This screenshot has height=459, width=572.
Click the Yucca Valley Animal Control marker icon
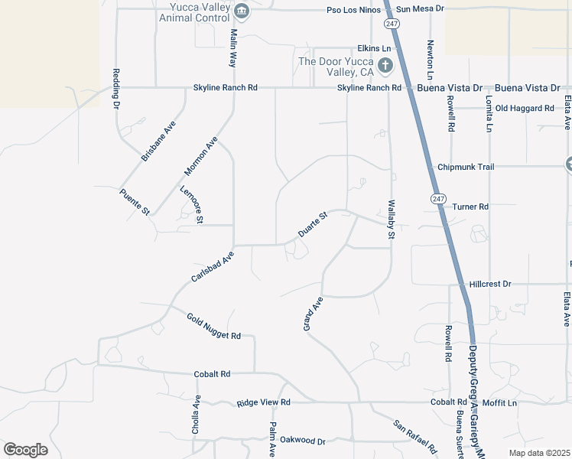coord(242,11)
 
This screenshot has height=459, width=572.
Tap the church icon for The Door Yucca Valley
coord(385,66)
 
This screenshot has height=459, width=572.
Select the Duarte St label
coord(312,224)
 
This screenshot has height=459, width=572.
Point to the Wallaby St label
coord(390,220)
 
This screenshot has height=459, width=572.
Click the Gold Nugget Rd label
coord(214,326)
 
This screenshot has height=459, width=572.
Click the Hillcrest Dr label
coord(490,283)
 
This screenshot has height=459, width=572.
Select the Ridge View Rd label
coord(264,402)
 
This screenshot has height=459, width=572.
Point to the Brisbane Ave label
coord(158,140)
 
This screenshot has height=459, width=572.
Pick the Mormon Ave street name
coord(201,155)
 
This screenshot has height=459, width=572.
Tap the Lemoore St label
coord(192,204)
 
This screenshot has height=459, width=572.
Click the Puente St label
coord(135,203)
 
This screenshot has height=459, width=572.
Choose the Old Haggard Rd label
coord(525,109)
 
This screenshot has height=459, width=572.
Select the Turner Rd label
coord(470,207)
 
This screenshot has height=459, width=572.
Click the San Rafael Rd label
coord(414,435)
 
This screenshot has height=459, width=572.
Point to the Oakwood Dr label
coord(303,441)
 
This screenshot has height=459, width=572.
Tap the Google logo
coord(25,450)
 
